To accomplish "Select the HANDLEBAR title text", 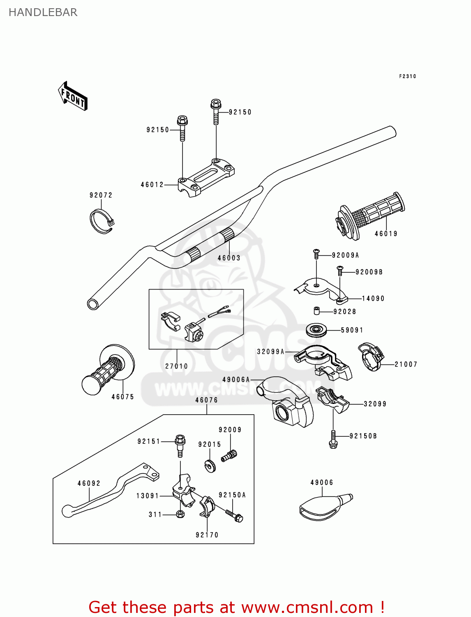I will pyautogui.click(x=43, y=12).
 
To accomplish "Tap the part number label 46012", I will pyautogui.click(x=152, y=185).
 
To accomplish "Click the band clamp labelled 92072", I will pyautogui.click(x=101, y=222).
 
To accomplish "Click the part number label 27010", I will pyautogui.click(x=176, y=366).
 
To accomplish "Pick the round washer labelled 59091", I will pyautogui.click(x=316, y=330).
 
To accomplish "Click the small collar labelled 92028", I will pyautogui.click(x=317, y=311).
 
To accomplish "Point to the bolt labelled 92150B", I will pyautogui.click(x=333, y=439).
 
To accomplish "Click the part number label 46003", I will pyautogui.click(x=229, y=258).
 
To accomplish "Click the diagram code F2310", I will pyautogui.click(x=407, y=76).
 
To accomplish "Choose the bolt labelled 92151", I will pyautogui.click(x=180, y=445).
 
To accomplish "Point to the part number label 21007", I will pyautogui.click(x=406, y=364).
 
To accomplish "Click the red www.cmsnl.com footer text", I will pyautogui.click(x=236, y=607).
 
